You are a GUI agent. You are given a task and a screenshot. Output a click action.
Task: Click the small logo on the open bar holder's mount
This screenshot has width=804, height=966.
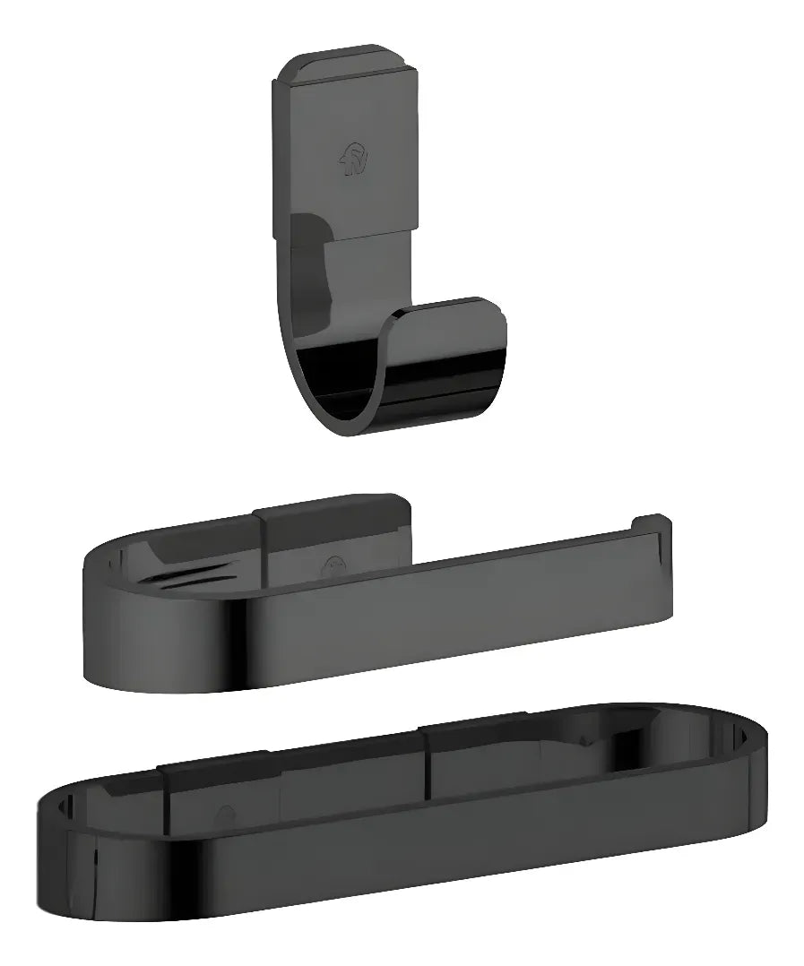pyautogui.click(x=333, y=565)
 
